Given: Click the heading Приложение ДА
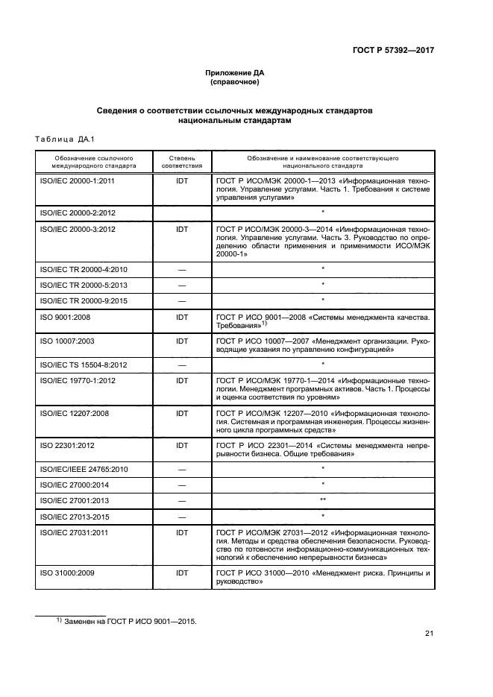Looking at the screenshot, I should (x=235, y=72).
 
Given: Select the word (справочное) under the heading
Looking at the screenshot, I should (x=235, y=82).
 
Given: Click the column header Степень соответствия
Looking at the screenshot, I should (x=181, y=163).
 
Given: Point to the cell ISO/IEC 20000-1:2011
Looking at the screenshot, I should (x=74, y=180).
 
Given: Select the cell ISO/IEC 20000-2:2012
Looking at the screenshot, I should (x=74, y=212).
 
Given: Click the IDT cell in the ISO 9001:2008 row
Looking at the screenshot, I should (x=181, y=317).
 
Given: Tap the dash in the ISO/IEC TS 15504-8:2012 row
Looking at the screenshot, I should (x=181, y=365).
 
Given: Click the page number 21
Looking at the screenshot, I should (x=429, y=634).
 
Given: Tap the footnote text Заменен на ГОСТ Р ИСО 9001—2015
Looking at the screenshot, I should (x=128, y=621).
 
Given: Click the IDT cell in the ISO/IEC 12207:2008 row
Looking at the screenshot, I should (x=181, y=412).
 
